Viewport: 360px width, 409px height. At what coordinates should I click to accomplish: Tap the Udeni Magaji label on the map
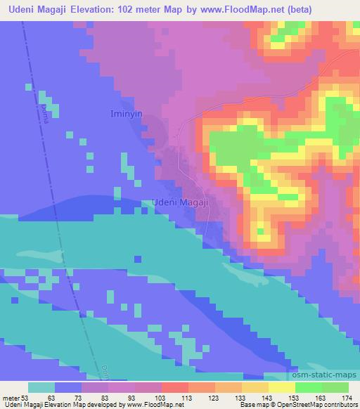click(x=181, y=202)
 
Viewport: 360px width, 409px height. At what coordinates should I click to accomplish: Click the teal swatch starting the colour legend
click(x=41, y=387)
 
